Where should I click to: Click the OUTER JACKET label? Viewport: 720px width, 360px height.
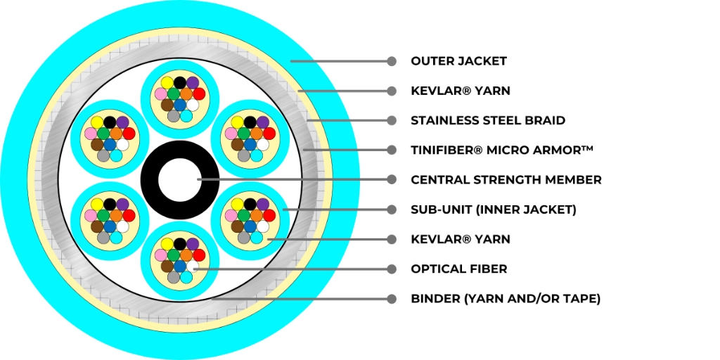click(x=458, y=61)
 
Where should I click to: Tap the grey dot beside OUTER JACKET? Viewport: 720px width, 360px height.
click(x=392, y=61)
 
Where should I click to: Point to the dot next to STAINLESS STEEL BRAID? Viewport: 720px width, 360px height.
click(x=392, y=120)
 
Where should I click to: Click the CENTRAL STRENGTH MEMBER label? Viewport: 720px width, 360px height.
click(x=506, y=179)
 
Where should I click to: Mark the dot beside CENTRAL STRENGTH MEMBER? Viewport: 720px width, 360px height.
click(x=392, y=179)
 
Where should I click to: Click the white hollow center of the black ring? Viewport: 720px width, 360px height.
click(x=179, y=180)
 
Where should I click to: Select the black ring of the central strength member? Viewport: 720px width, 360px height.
click(x=149, y=180)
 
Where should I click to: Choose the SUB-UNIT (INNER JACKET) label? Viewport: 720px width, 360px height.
click(x=494, y=210)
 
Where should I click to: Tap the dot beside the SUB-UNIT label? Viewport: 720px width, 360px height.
click(x=392, y=210)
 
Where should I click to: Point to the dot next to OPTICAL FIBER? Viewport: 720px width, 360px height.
click(x=392, y=269)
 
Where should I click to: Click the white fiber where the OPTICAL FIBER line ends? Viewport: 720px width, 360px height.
click(x=193, y=267)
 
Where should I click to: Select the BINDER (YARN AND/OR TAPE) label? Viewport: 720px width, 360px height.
click(x=506, y=299)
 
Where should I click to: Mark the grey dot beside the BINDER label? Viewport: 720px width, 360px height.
click(x=392, y=299)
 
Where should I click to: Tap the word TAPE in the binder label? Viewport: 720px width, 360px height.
click(x=581, y=299)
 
